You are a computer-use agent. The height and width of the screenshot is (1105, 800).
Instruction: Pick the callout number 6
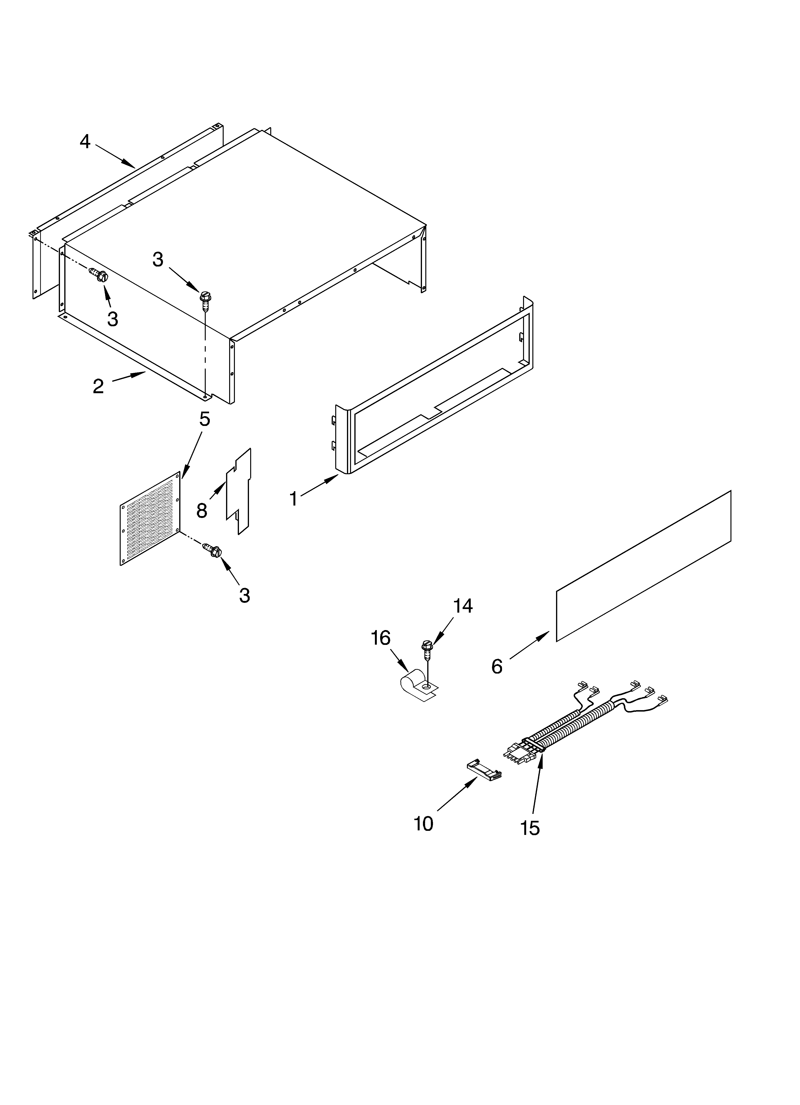497,666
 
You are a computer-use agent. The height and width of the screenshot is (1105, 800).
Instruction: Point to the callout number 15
530,828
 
